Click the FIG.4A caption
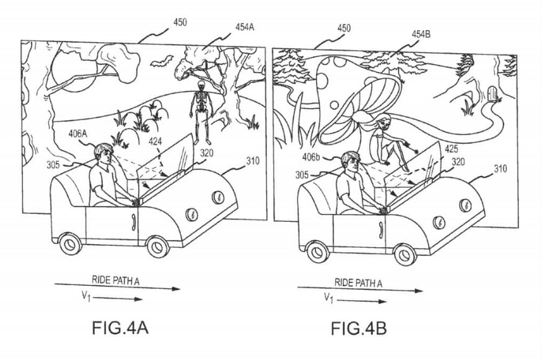point(120,328)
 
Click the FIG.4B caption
point(359,328)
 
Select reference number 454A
point(245,27)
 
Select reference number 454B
point(421,34)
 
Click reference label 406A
point(78,133)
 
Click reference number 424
point(155,141)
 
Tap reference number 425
point(451,149)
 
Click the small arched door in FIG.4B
point(492,94)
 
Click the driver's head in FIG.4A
point(103,154)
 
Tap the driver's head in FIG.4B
point(350,162)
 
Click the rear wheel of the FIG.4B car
point(317,252)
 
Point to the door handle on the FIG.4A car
point(133,222)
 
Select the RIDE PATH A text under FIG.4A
point(115,280)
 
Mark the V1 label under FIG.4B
point(328,298)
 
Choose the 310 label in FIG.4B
point(500,169)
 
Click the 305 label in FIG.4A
point(53,165)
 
